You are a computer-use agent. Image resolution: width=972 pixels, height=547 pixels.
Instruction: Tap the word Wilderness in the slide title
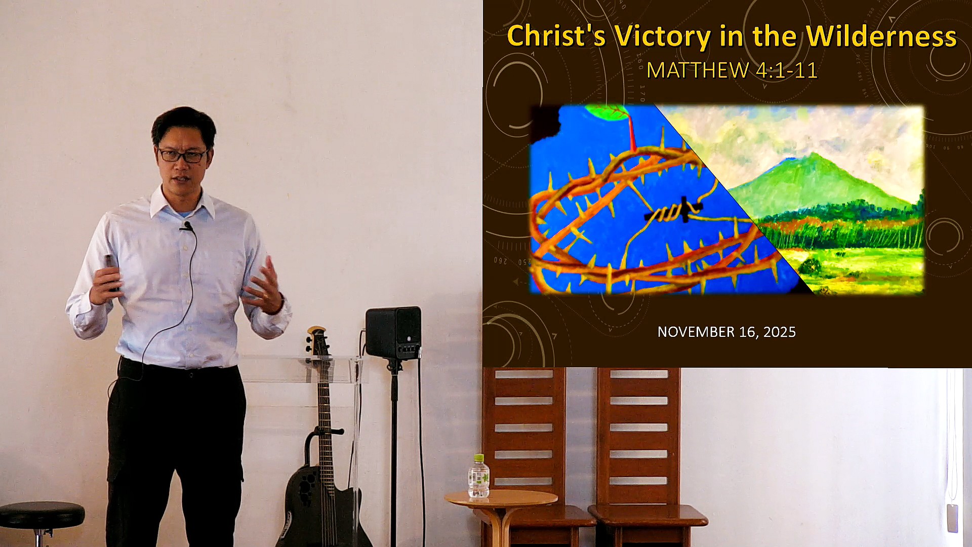(x=881, y=36)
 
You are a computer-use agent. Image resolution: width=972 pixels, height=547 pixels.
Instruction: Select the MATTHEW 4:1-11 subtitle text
(x=732, y=70)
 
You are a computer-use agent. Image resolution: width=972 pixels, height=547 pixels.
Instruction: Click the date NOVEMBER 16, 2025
(x=726, y=332)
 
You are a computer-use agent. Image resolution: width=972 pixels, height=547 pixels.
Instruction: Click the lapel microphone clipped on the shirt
(x=187, y=226)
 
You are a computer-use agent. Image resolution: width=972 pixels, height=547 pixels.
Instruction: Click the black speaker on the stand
(x=393, y=333)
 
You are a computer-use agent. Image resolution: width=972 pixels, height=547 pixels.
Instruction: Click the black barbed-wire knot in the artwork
(x=673, y=212)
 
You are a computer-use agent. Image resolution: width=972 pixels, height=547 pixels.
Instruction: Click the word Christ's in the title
(x=556, y=36)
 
